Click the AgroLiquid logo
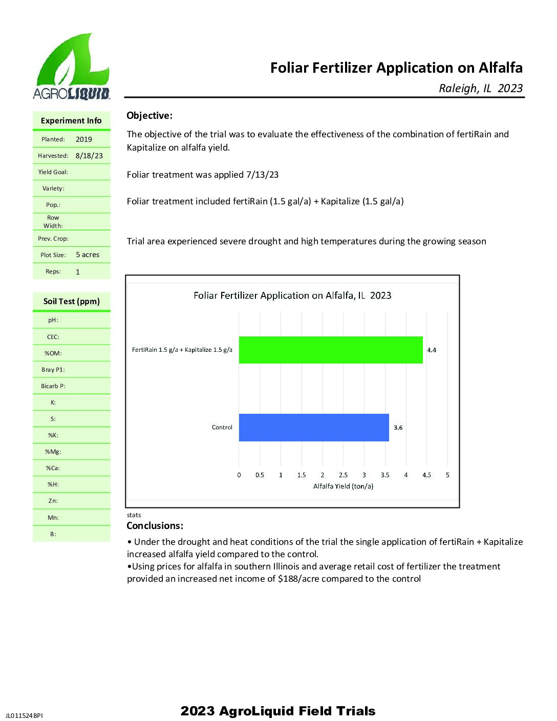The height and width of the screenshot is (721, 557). (71, 67)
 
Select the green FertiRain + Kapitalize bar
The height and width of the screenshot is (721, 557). (331, 350)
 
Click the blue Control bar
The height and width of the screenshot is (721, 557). (314, 428)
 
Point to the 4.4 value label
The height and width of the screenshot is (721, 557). (432, 350)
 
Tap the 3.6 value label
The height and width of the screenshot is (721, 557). (398, 428)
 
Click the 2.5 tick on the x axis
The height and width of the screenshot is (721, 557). (343, 475)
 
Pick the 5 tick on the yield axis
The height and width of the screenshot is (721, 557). (447, 475)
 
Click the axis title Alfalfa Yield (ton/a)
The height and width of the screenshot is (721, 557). (343, 486)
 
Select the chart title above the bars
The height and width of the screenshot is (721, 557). (292, 295)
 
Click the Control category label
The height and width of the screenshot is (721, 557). (222, 428)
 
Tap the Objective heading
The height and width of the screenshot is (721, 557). (149, 116)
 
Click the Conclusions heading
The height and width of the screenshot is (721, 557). (155, 526)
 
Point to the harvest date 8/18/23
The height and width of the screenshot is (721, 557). (89, 156)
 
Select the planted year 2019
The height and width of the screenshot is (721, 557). (84, 139)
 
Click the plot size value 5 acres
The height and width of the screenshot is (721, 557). (88, 255)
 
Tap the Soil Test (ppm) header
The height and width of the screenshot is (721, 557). (72, 302)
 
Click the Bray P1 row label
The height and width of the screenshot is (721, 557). (53, 370)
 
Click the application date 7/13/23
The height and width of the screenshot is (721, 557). (262, 175)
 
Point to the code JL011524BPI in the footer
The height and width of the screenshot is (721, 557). (24, 715)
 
